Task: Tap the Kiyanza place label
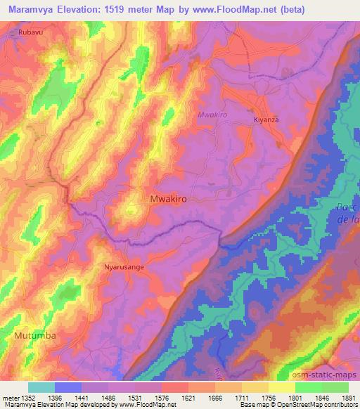(266, 120)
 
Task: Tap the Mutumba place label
(34, 337)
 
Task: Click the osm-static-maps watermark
(328, 375)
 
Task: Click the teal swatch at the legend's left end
(41, 387)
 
